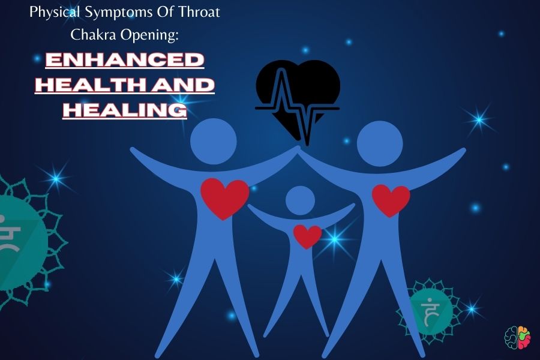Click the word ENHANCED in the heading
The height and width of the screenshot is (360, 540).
[125, 60]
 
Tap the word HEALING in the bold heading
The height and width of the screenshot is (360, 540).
[125, 110]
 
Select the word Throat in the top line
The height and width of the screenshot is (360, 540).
[199, 13]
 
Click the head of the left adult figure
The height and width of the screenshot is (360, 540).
[214, 141]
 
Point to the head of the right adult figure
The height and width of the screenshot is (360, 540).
[380, 143]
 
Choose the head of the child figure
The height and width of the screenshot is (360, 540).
[301, 200]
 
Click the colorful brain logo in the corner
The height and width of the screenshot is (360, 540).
[518, 338]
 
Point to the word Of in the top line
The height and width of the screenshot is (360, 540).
[166, 13]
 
